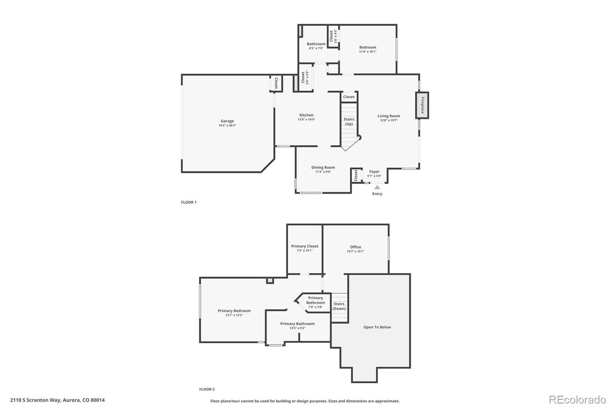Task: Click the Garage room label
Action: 227,121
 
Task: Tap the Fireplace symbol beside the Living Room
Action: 422,105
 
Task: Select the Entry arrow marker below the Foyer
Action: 377,187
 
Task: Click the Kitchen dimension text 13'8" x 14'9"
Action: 306,120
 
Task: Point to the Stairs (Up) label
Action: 349,121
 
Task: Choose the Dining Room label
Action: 323,167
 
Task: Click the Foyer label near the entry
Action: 374,171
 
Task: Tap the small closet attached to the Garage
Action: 276,83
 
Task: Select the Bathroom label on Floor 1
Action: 316,44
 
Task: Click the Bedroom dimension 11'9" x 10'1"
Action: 368,52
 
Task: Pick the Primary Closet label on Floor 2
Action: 305,246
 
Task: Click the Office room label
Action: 355,247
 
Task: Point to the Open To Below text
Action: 377,327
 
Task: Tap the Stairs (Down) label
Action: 339,306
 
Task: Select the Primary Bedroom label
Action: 234,311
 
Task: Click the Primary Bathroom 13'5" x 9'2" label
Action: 297,326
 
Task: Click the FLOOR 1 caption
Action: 188,202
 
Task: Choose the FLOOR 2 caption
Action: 207,389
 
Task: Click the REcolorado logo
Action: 577,400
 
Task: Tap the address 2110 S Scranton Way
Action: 57,400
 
